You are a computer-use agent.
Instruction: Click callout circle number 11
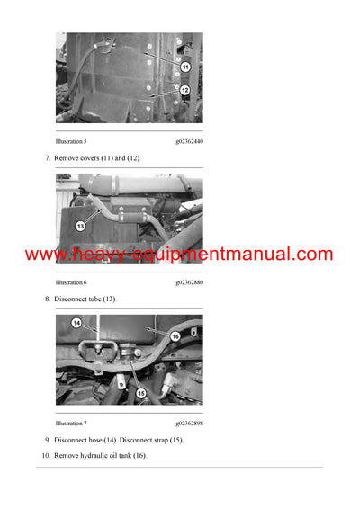184,67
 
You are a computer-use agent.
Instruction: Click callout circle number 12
184,90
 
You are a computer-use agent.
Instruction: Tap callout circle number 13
79,226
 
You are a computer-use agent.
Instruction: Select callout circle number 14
76,323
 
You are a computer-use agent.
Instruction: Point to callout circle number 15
141,392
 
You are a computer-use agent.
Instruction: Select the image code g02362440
188,141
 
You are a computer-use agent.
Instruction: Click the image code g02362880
188,282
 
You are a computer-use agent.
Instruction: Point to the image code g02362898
188,423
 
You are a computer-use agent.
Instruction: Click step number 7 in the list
48,158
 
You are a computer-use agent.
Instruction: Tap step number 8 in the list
48,299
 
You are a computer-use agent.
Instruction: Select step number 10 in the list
46,456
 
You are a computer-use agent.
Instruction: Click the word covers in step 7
86,158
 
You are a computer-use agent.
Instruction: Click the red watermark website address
179,254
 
